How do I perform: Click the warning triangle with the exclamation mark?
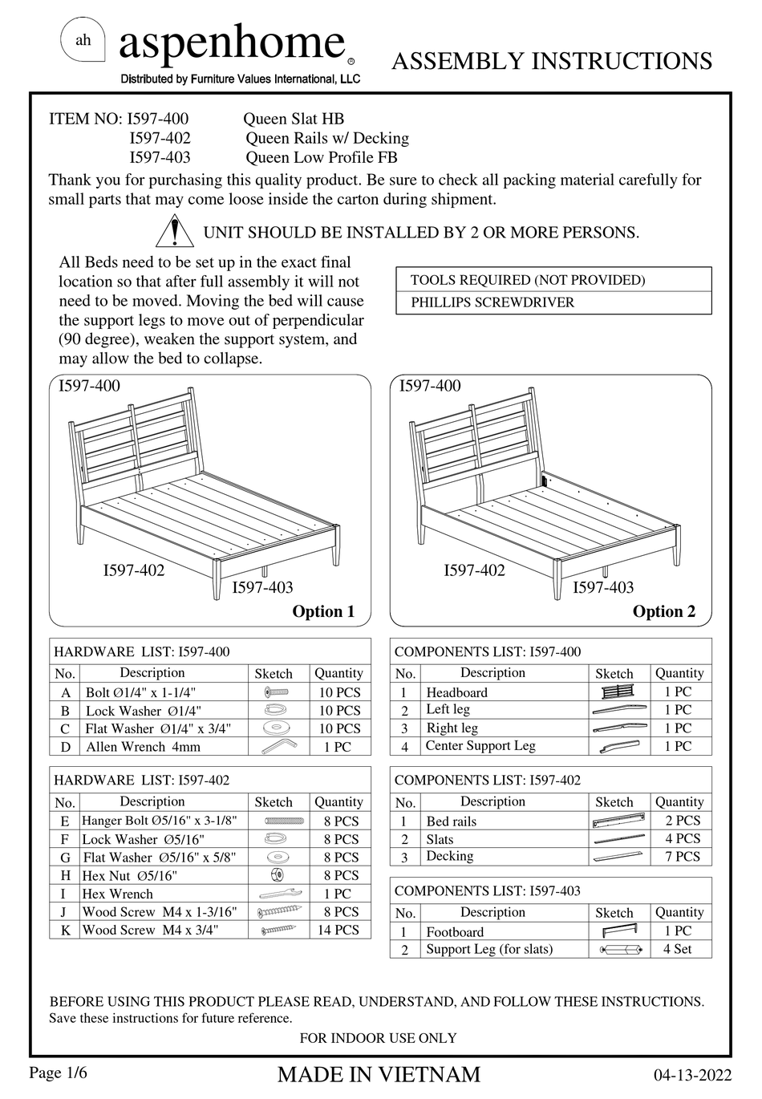[x=173, y=232]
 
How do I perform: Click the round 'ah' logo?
[x=83, y=40]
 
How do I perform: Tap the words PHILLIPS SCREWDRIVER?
[x=492, y=302]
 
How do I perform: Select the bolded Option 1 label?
[x=323, y=611]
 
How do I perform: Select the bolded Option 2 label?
[x=664, y=611]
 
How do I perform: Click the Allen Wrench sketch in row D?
[x=279, y=747]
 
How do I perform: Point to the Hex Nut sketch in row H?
[x=279, y=875]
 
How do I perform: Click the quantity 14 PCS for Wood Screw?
[x=338, y=930]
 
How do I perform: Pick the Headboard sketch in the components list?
[x=616, y=691]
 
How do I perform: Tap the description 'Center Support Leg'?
[x=480, y=746]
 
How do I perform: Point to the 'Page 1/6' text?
[x=58, y=1073]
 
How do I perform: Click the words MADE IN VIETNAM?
[x=379, y=1074]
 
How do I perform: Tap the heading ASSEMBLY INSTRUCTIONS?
[x=552, y=61]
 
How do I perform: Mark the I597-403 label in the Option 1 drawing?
[x=263, y=587]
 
